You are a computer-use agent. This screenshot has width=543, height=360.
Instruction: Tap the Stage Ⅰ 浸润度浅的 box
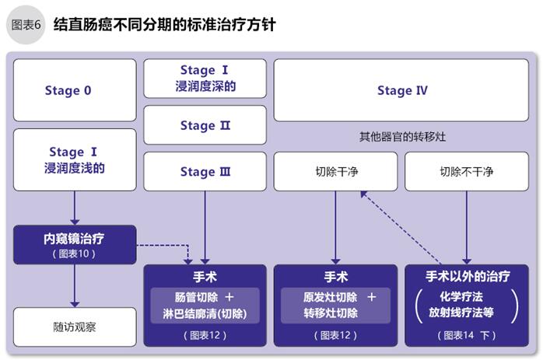coord(75,159)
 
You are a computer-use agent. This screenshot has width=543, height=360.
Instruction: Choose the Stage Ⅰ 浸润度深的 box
coord(205,79)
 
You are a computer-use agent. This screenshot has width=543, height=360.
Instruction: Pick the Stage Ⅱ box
coord(205,126)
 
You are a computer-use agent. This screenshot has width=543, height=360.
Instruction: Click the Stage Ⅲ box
coord(205,172)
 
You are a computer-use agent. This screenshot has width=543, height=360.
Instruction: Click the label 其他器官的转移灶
coord(402,137)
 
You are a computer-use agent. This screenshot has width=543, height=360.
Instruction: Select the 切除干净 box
coord(335,172)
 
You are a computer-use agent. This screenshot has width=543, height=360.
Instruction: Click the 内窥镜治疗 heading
coord(75,239)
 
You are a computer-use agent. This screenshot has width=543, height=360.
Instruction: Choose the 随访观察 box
coord(75,327)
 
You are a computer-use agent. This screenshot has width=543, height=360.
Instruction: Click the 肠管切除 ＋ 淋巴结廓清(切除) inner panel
coord(205,306)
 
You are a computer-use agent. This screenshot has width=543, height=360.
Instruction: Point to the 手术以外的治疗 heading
coord(468,277)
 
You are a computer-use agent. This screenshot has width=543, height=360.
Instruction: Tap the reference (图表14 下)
coord(468,336)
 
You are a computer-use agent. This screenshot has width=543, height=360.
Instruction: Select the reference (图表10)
coord(75,254)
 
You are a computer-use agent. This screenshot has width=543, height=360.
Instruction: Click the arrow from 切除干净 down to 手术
coord(335,225)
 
